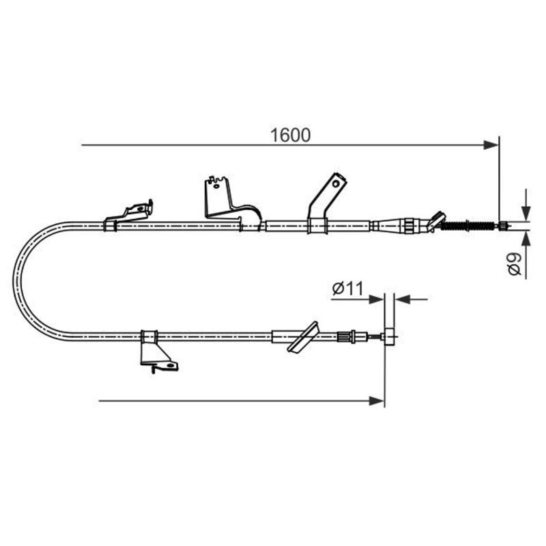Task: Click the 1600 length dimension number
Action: (290, 135)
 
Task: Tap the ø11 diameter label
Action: (348, 288)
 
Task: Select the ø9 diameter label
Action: (515, 264)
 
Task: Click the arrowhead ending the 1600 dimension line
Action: (491, 145)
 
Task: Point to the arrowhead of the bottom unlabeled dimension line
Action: (377, 401)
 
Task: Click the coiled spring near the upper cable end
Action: (468, 226)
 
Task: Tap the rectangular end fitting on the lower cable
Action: (389, 336)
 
